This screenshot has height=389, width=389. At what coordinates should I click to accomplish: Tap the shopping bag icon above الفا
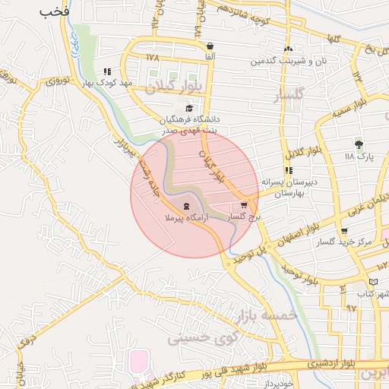(x=210, y=46)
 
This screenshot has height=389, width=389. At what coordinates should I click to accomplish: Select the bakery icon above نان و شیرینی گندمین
(x=288, y=47)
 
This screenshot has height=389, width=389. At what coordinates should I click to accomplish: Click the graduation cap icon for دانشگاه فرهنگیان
(x=189, y=107)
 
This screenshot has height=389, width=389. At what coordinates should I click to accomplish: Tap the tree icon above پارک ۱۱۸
(x=359, y=144)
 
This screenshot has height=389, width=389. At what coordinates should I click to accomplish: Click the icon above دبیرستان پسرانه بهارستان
(x=288, y=170)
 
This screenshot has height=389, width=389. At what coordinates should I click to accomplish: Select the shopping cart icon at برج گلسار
(x=244, y=204)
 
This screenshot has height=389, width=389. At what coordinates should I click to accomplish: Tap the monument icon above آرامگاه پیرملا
(x=186, y=206)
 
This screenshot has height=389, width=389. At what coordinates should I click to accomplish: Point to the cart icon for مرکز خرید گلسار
(x=344, y=231)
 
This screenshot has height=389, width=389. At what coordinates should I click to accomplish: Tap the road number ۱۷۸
(x=154, y=58)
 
